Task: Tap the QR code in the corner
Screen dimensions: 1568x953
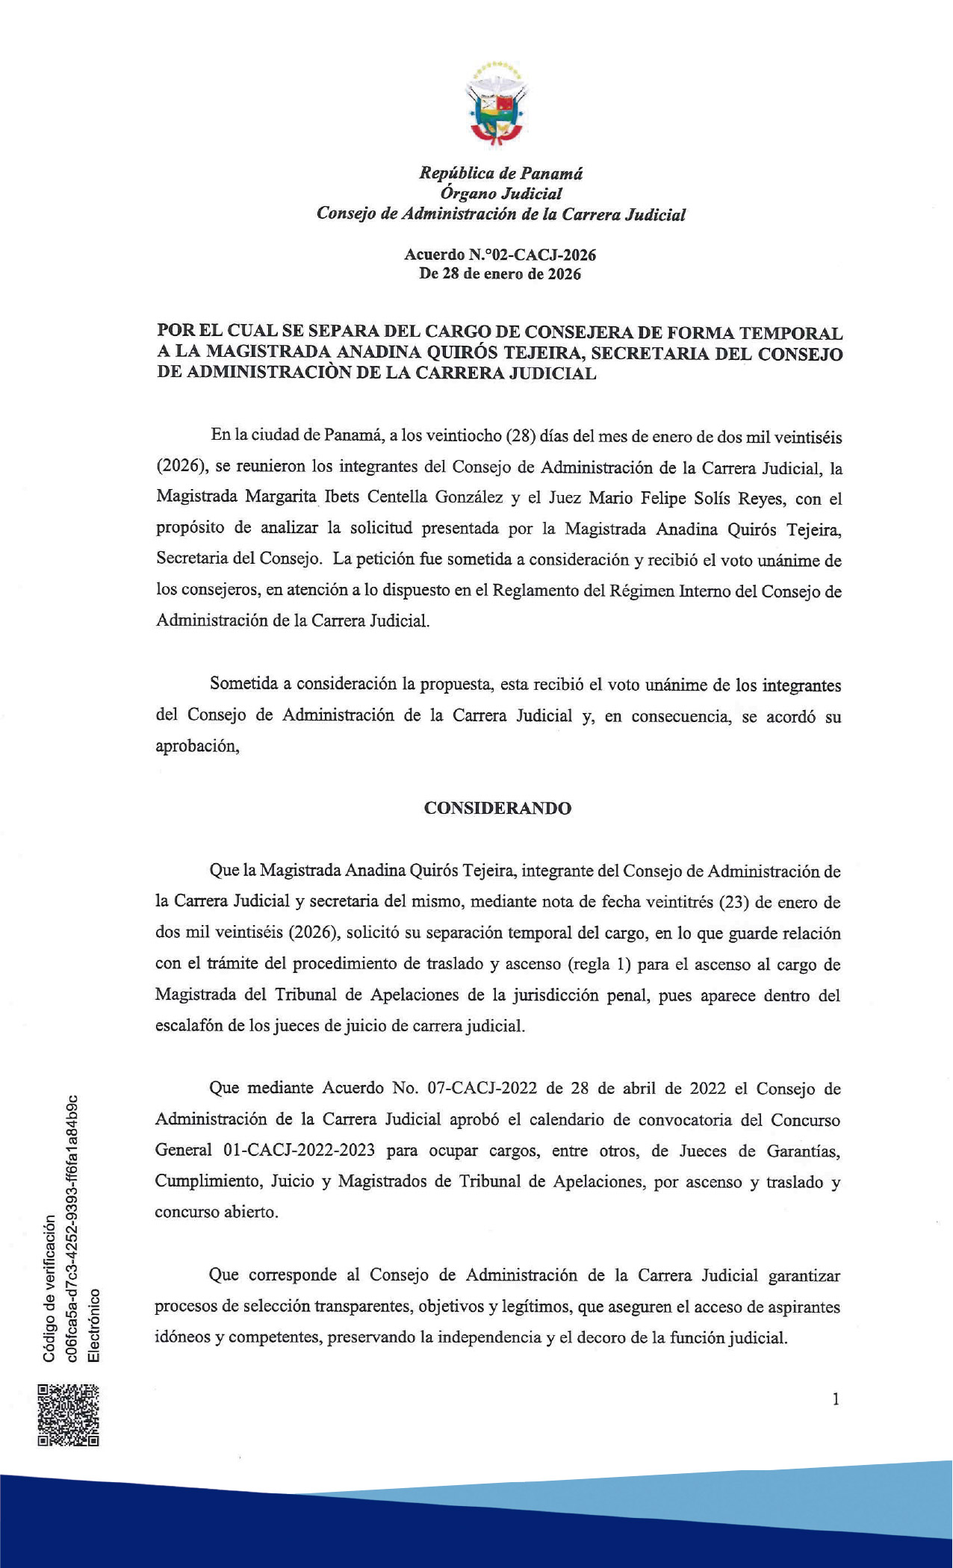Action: coord(68,1415)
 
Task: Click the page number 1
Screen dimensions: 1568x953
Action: coord(836,1399)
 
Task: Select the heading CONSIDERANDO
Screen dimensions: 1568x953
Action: coord(497,808)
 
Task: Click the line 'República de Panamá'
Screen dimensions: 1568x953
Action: coord(500,173)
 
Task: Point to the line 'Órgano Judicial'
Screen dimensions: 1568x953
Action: coord(500,193)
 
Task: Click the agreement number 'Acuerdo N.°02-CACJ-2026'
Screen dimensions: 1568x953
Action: coord(500,255)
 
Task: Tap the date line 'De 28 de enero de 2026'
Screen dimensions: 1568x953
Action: coord(500,273)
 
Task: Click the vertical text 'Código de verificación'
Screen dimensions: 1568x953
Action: coord(49,1288)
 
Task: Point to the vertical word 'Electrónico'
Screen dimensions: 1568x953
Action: coord(93,1324)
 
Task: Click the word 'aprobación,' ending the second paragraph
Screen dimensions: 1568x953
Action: coord(197,746)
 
